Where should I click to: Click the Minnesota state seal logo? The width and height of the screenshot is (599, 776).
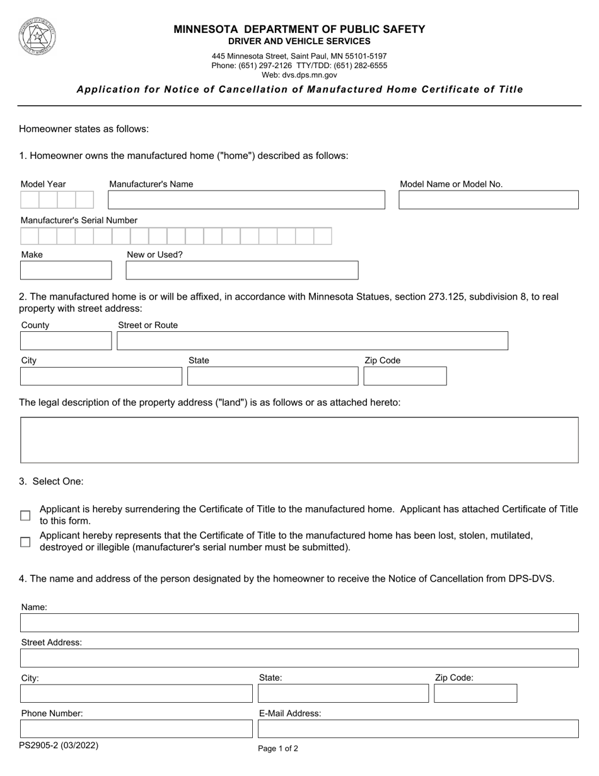point(37,36)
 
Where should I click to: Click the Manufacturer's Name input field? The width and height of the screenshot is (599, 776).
point(246,200)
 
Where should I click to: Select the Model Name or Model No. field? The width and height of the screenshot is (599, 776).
point(488,200)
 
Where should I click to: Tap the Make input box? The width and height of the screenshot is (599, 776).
point(66,270)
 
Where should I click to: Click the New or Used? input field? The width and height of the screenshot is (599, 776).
point(241,270)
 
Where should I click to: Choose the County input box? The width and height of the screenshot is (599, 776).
point(66,341)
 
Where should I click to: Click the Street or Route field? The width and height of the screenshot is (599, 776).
point(312,341)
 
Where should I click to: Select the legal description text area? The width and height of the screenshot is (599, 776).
point(299,440)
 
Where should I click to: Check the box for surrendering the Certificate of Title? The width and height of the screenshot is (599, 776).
point(25,515)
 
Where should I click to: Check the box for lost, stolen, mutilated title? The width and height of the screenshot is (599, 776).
point(25,542)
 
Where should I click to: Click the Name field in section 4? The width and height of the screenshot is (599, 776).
point(299,623)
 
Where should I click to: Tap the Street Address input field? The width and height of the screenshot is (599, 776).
point(299,658)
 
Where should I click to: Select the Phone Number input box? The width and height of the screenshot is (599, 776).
point(136,729)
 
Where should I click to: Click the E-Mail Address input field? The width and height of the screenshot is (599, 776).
point(418,729)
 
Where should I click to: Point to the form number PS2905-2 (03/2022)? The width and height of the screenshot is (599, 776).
point(59,745)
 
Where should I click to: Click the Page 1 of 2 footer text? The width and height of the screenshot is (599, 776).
point(278,749)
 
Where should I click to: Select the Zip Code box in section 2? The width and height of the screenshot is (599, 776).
point(405,376)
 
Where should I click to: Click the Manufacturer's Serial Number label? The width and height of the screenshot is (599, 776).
point(79,220)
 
